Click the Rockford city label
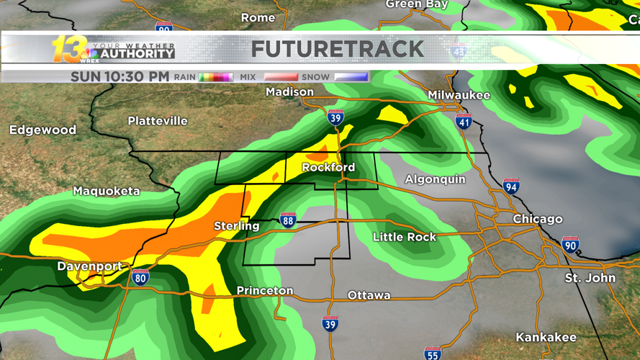(x=328, y=168)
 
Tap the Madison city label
(x=289, y=92)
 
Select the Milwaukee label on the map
(x=459, y=95)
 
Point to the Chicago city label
(x=538, y=219)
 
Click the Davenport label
(x=89, y=266)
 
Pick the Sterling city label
(x=236, y=226)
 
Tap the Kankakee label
(x=546, y=337)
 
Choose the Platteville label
(x=158, y=121)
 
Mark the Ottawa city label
(x=369, y=295)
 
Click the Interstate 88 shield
(x=288, y=220)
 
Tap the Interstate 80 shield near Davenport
(x=140, y=277)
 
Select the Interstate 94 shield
(x=511, y=186)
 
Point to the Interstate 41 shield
(x=464, y=122)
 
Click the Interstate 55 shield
(x=432, y=353)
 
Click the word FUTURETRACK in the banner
(x=338, y=49)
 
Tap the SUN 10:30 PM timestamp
(x=120, y=76)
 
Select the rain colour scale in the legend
(x=215, y=77)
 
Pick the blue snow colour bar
(x=351, y=77)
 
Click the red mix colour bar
(x=281, y=77)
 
